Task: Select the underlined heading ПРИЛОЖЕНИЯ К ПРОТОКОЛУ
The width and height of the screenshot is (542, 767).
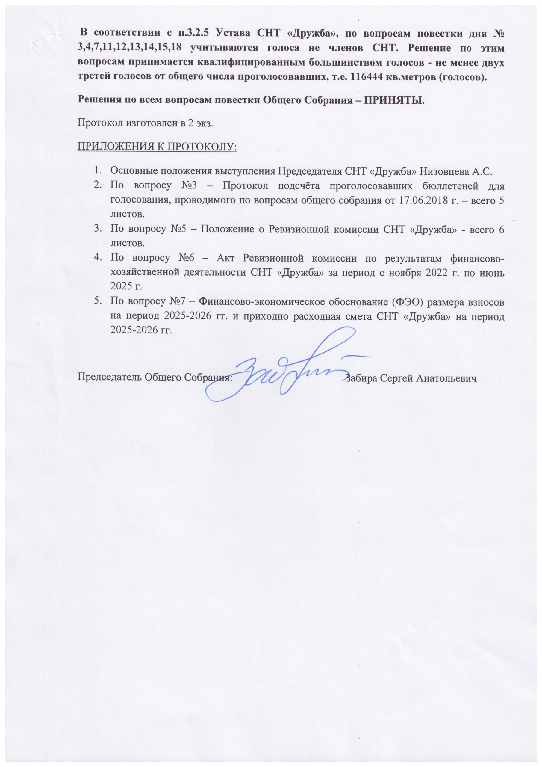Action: pyautogui.click(x=157, y=147)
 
